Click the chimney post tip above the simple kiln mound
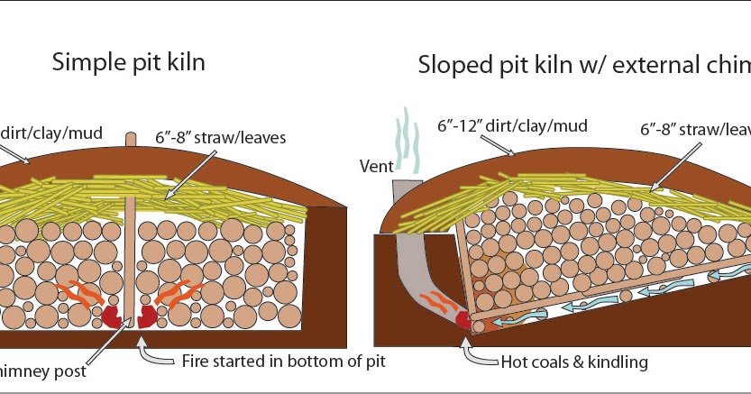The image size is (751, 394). (x=133, y=139)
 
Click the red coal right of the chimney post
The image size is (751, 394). (x=148, y=315)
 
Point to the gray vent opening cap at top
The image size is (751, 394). (x=405, y=187)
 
